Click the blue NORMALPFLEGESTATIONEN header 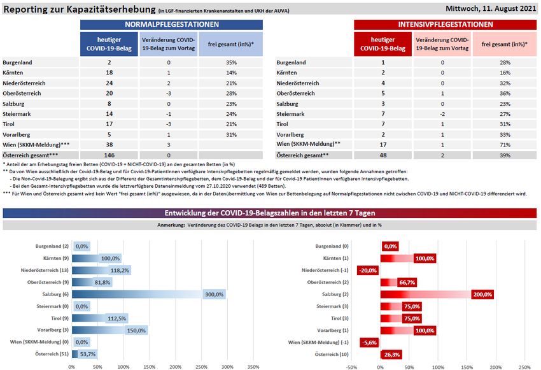pyautogui.click(x=172, y=24)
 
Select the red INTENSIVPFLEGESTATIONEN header pyautogui.click(x=445, y=24)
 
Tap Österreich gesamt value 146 pyautogui.click(x=109, y=155)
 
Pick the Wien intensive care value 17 pyautogui.click(x=383, y=145)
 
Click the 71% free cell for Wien pyautogui.click(x=505, y=145)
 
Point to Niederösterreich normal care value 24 pyautogui.click(x=109, y=83)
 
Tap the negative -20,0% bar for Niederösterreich pyautogui.click(x=369, y=270)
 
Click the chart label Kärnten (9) pyautogui.click(x=53, y=258)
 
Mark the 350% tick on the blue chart pyautogui.click(x=253, y=366)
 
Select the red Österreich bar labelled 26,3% pyautogui.click(x=390, y=354)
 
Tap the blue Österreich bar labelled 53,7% pyautogui.click(x=84, y=354)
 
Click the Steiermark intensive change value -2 pyautogui.click(x=442, y=114)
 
